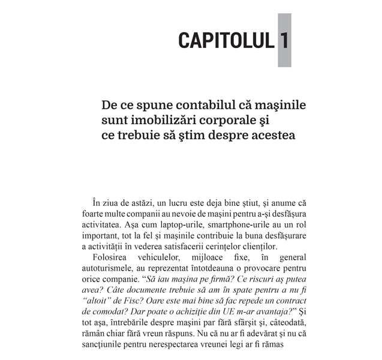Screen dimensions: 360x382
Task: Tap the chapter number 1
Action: coord(284,40)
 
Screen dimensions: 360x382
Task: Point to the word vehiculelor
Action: coord(173,256)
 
